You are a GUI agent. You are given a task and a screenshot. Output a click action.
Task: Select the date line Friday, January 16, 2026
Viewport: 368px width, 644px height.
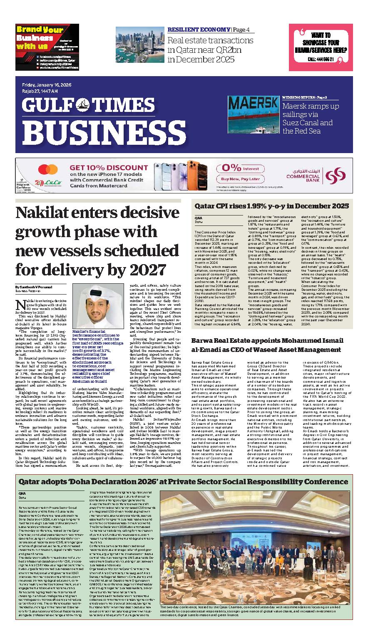click(47, 85)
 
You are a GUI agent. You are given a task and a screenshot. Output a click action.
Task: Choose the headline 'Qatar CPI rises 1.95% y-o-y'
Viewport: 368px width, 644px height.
click(272, 206)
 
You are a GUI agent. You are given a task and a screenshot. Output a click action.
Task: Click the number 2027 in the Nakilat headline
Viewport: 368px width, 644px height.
click(142, 268)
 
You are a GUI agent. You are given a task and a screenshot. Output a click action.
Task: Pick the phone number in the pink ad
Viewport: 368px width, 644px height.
click(321, 59)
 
